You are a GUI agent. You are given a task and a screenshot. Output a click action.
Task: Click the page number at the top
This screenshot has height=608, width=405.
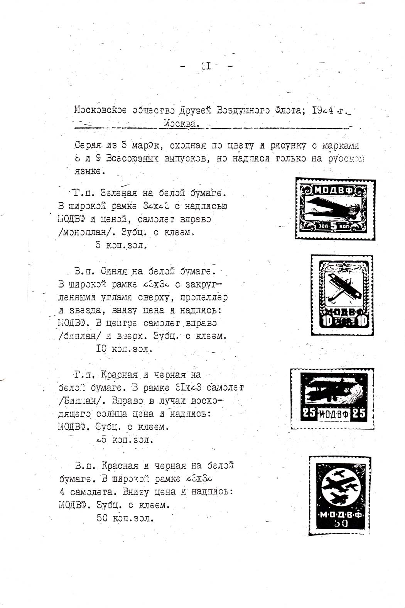tap(206, 67)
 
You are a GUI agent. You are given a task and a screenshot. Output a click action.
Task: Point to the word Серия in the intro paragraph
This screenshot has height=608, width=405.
tap(88, 146)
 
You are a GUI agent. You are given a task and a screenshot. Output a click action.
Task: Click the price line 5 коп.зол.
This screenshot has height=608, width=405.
tap(121, 245)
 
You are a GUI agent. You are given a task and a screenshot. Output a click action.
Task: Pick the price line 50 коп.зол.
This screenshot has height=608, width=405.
tap(125, 518)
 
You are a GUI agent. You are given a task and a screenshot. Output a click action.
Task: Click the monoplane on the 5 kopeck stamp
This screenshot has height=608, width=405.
tap(332, 207)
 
